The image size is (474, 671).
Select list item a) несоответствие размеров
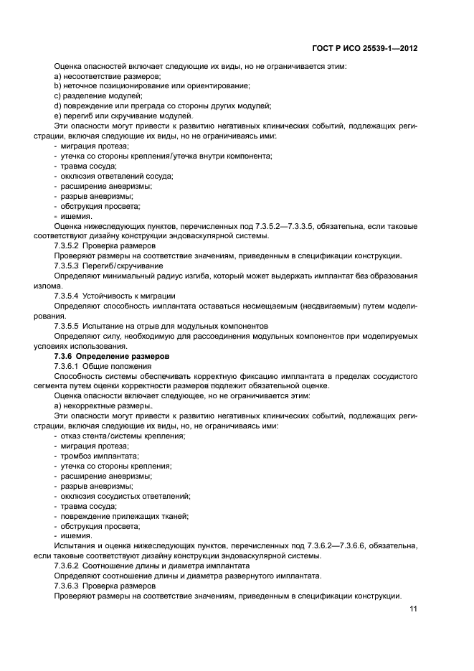click(108, 77)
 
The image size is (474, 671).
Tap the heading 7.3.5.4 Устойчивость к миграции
click(115, 295)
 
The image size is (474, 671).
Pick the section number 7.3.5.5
click(67, 325)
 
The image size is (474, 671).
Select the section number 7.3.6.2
click(67, 566)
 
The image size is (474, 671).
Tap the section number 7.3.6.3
click(67, 585)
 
